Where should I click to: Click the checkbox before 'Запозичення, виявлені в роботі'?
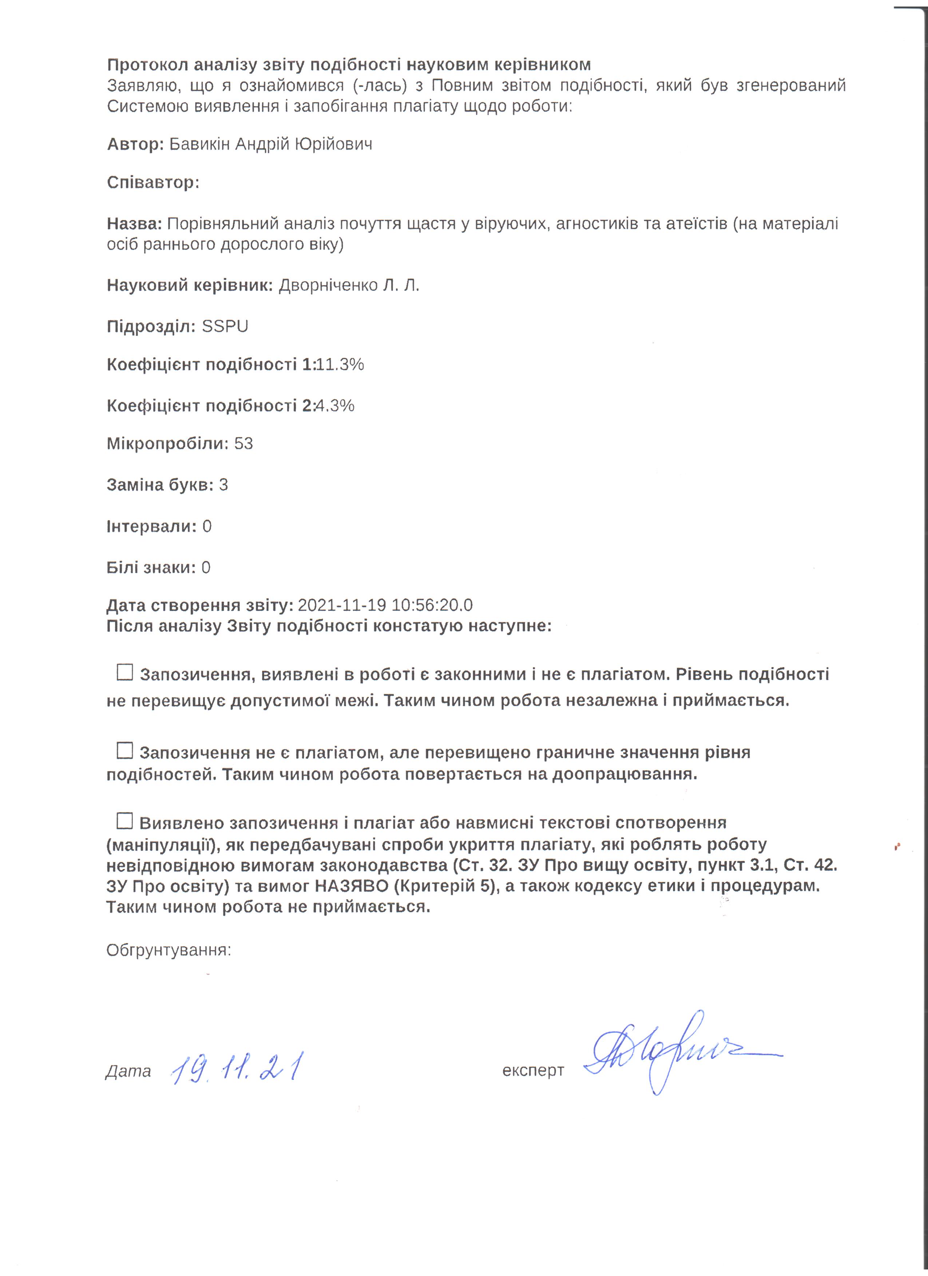pyautogui.click(x=124, y=672)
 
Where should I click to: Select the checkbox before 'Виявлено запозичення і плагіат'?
pyautogui.click(x=124, y=821)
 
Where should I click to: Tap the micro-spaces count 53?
pyautogui.click(x=244, y=444)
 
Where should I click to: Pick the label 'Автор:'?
pyautogui.click(x=135, y=145)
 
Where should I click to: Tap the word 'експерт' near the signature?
pyautogui.click(x=533, y=1070)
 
